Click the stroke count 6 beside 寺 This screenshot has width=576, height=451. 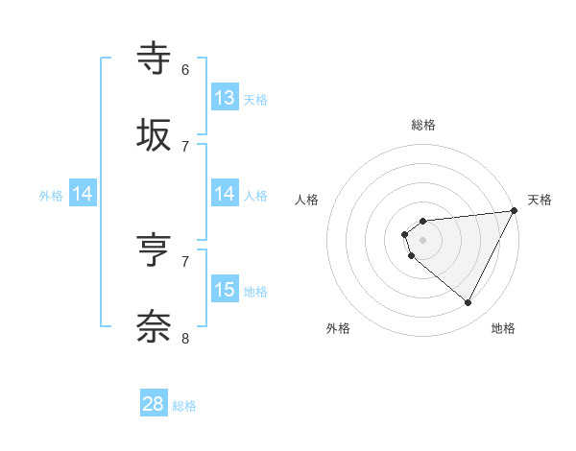pyautogui.click(x=185, y=69)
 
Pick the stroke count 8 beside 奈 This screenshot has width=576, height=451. pyautogui.click(x=185, y=337)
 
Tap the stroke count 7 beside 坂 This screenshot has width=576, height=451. pyautogui.click(x=185, y=145)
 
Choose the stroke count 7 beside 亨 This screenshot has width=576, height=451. pyautogui.click(x=185, y=261)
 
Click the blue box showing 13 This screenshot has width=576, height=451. pyautogui.click(x=225, y=98)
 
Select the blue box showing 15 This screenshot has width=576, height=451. pyautogui.click(x=225, y=290)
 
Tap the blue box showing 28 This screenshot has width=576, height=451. pyautogui.click(x=154, y=404)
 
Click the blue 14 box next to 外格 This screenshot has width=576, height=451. pyautogui.click(x=83, y=195)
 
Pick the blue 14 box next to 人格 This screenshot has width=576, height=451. pyautogui.click(x=225, y=195)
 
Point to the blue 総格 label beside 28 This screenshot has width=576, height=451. pyautogui.click(x=184, y=406)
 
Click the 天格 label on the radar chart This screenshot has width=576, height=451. pyautogui.click(x=540, y=200)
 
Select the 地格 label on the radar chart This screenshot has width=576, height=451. pyautogui.click(x=503, y=328)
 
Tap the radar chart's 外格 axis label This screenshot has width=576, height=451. pyautogui.click(x=338, y=328)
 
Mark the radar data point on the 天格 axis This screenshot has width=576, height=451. pyautogui.click(x=514, y=210)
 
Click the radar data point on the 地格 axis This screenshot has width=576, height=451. pyautogui.click(x=468, y=303)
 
